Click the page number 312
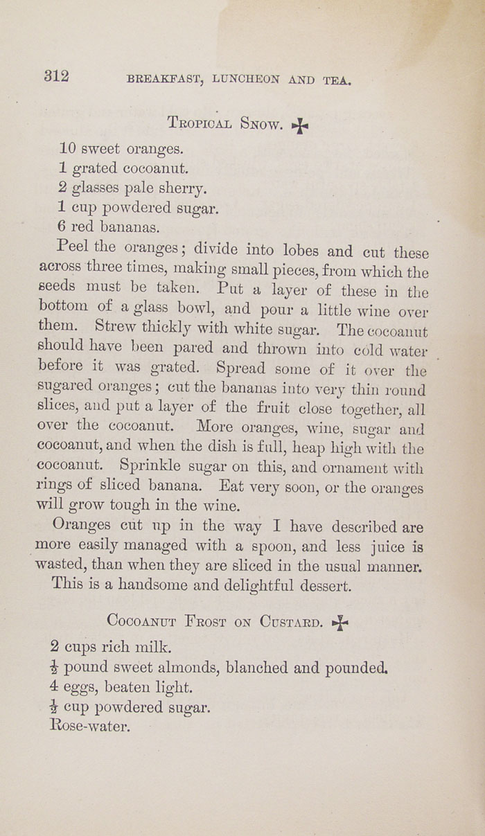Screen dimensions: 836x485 point(57,76)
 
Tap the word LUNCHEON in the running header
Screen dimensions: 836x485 point(245,79)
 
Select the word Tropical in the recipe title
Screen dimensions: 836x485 point(200,123)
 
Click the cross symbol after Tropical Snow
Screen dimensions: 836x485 point(299,126)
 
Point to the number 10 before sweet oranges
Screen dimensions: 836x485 point(67,148)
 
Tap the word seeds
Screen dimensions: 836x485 point(58,287)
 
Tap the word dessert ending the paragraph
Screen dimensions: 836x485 point(319,585)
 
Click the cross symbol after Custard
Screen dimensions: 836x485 point(339,623)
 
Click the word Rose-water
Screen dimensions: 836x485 point(90,727)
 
